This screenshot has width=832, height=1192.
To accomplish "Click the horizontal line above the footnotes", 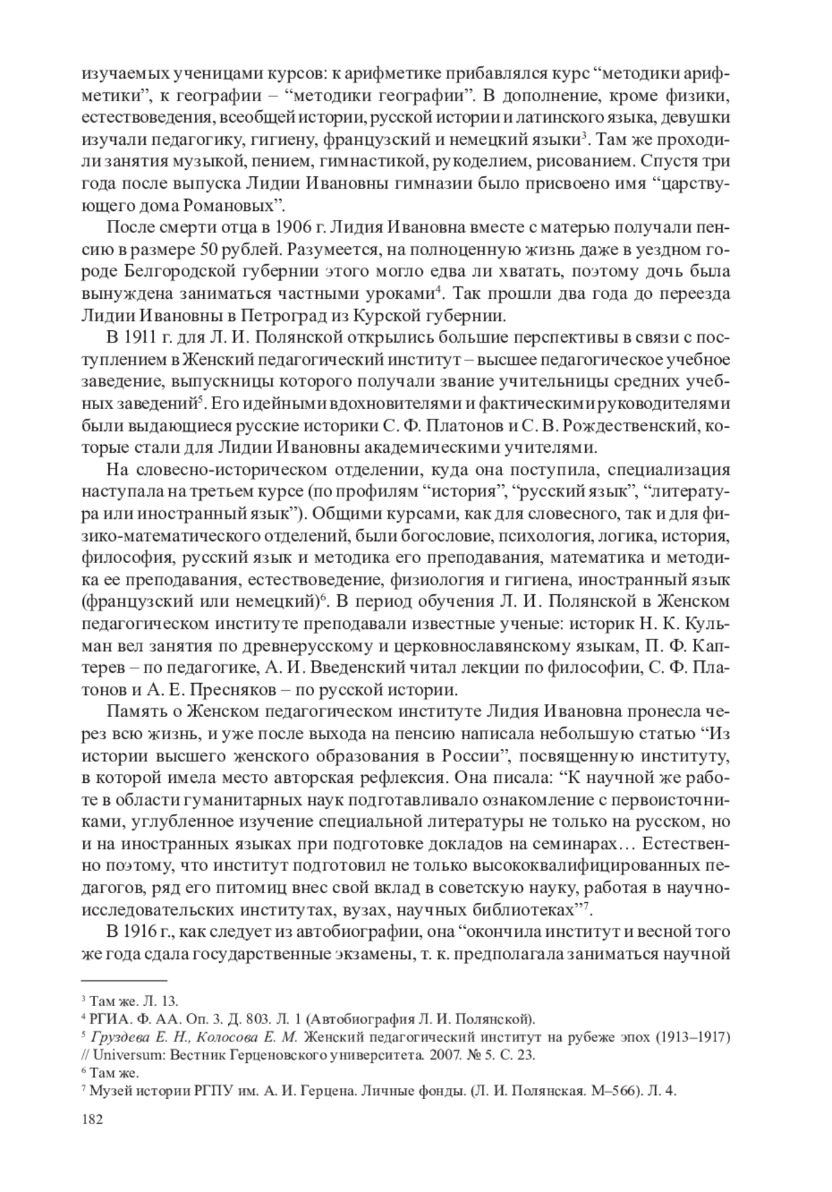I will [x=124, y=981].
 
